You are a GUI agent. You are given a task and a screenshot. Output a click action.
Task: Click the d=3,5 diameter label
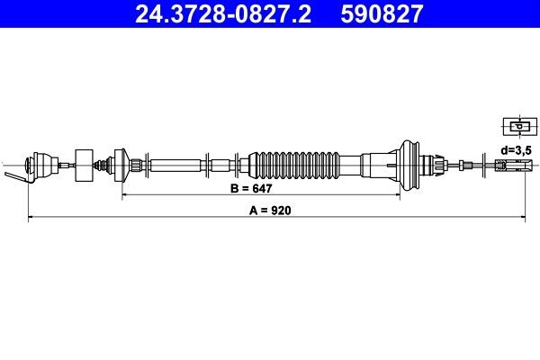pos(517,148)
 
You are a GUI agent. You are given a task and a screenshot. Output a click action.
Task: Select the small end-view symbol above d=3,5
pos(515,127)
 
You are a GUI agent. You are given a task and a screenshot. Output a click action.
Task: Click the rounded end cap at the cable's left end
pos(37,165)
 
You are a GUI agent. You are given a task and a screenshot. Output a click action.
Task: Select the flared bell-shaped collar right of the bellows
pos(410,164)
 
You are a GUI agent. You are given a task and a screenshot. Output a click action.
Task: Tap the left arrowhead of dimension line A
pos(32,217)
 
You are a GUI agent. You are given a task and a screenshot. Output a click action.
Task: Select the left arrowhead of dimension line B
pos(124,194)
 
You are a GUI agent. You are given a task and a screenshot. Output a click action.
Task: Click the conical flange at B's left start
pos(119,164)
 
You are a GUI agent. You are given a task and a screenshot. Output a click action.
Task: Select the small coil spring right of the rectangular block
pos(103,165)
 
